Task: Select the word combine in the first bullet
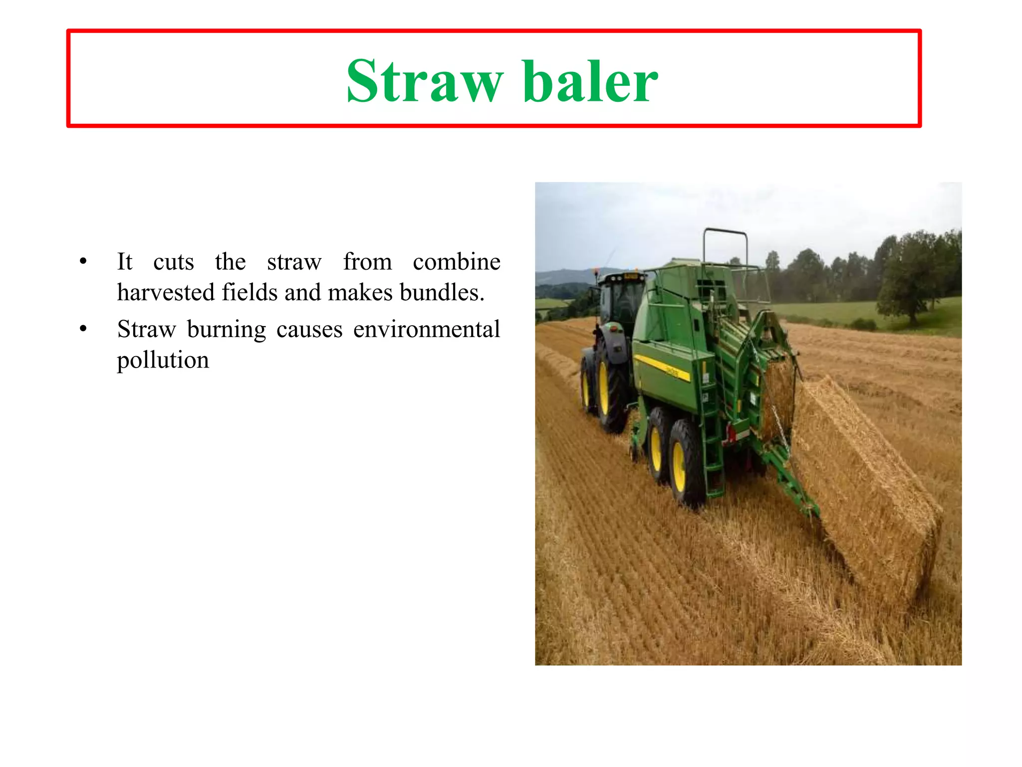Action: click(x=456, y=262)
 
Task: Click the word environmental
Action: click(x=427, y=330)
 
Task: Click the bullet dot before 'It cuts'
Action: click(x=83, y=261)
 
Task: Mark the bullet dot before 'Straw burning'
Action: click(x=83, y=329)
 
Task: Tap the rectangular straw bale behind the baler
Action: click(x=868, y=479)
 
